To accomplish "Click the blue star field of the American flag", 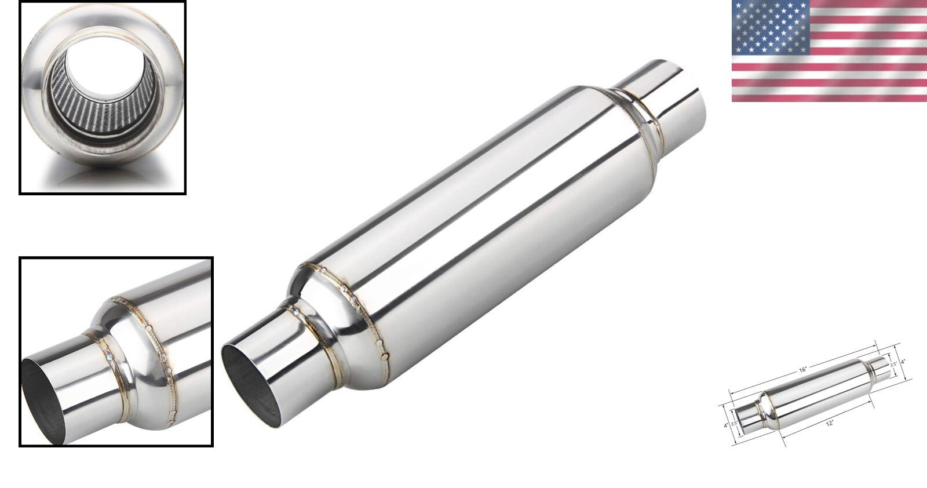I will click(x=769, y=26).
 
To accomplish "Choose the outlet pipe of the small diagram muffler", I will click(x=878, y=366).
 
